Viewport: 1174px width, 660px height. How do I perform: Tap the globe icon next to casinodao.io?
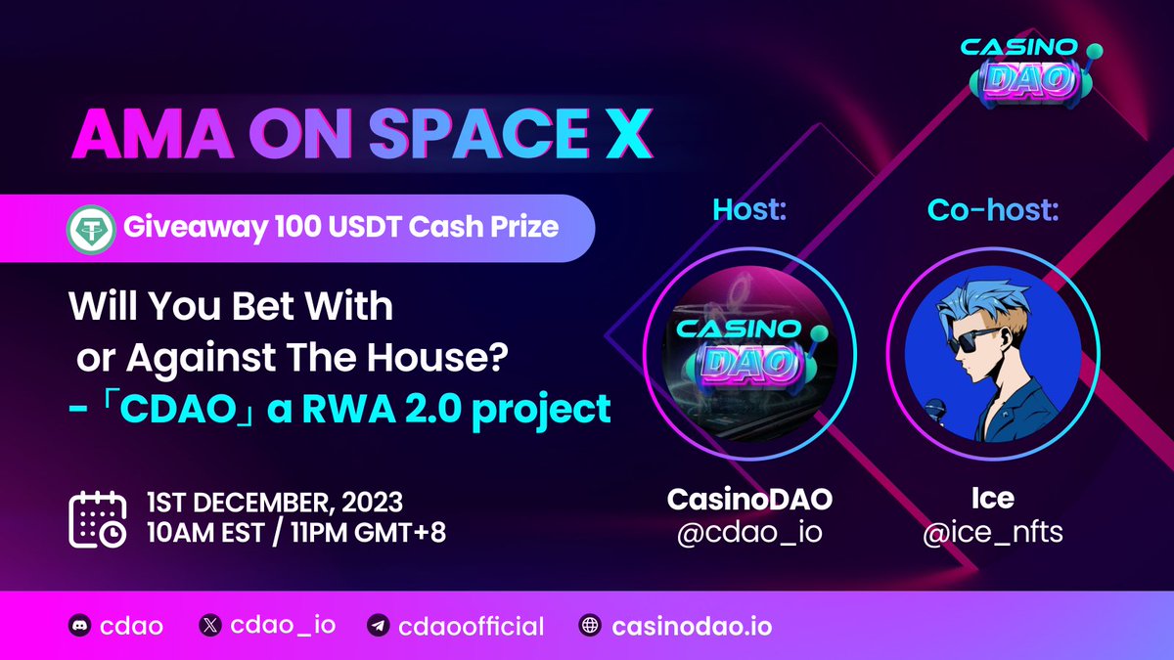589,626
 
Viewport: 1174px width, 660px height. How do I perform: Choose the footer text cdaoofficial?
472,626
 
